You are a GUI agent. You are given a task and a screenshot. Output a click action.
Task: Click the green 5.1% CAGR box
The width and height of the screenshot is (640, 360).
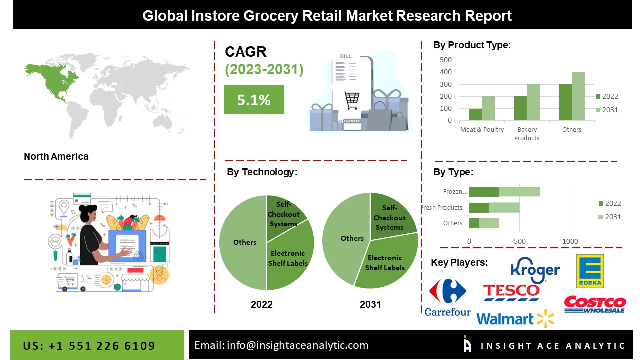254,99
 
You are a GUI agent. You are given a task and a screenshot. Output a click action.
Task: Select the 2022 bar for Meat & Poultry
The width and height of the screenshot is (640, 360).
475,114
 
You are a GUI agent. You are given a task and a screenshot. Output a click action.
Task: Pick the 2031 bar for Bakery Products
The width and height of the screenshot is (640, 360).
533,102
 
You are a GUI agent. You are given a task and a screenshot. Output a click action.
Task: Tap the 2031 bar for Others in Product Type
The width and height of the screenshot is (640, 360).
578,96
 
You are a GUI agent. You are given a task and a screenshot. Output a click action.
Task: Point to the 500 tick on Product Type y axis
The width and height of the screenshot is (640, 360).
446,60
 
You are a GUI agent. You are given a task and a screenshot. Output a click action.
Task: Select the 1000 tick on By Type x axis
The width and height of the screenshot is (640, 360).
570,241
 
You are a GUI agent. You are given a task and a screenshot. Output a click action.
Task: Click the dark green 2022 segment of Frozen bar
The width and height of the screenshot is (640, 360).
484,192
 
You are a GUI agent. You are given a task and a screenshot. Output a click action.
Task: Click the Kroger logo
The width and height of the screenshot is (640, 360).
535,270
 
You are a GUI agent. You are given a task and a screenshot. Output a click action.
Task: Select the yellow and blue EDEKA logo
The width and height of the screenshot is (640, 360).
590,271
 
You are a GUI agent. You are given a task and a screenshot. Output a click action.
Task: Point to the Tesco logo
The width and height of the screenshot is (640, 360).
511,293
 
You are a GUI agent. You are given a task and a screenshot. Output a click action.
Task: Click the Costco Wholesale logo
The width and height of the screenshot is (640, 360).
595,305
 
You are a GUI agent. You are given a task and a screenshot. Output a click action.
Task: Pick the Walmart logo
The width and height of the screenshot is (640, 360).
516,319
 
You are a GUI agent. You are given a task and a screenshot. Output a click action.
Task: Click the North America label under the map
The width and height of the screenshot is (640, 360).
56,156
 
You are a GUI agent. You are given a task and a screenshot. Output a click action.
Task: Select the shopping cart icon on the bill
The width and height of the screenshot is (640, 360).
352,100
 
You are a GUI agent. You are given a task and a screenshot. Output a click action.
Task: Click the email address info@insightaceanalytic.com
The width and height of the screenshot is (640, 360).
297,345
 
